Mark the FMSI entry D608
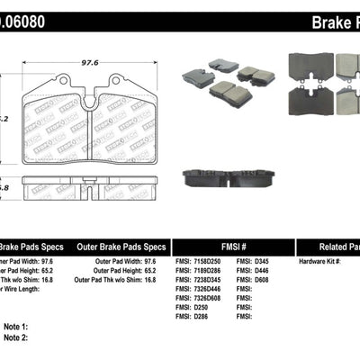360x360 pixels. click(x=262, y=280)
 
